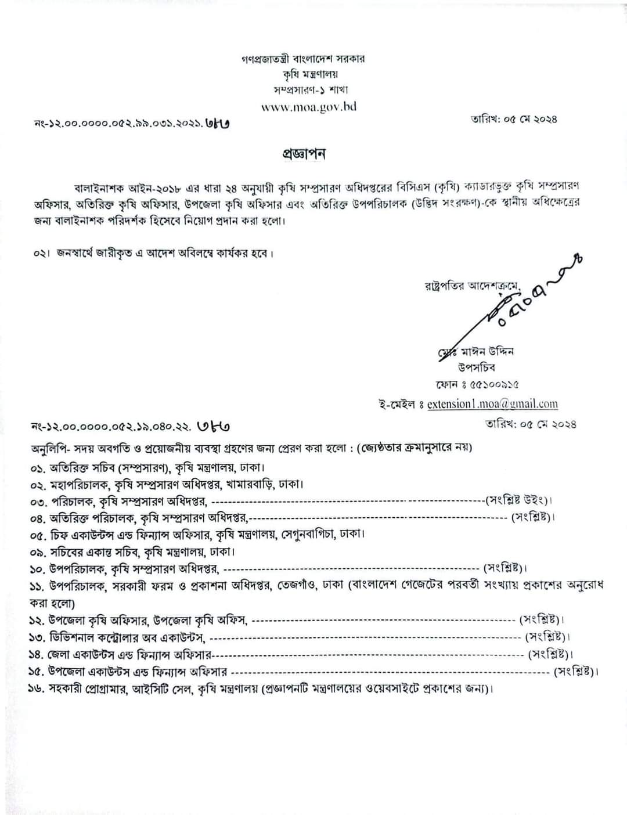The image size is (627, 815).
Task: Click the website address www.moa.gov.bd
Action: click(x=308, y=106)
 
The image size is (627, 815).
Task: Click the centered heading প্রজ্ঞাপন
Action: click(x=304, y=154)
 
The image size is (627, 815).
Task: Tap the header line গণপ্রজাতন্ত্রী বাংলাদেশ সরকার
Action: click(x=304, y=59)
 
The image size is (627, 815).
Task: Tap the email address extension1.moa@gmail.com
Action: click(x=492, y=404)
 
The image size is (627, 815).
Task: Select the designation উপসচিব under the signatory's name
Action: click(x=475, y=367)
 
